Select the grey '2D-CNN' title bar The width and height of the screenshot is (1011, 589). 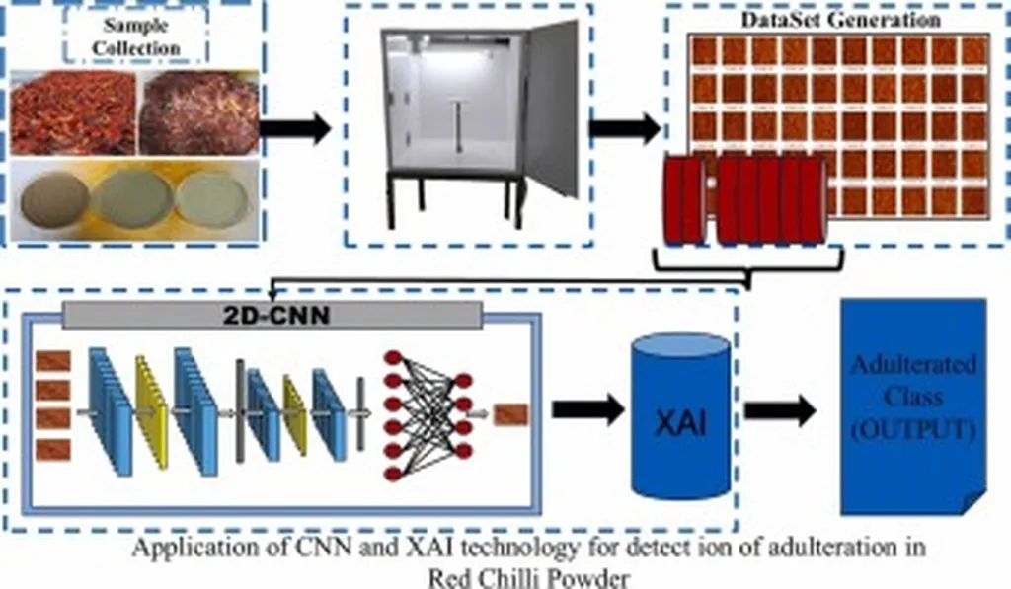[x=272, y=315]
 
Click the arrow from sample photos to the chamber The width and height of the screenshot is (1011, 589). [x=295, y=128]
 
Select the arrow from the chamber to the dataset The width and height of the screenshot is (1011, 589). [x=625, y=127]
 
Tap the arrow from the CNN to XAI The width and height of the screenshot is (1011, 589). [x=587, y=407]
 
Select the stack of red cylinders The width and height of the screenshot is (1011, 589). [x=744, y=199]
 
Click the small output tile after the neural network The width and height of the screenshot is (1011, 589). [x=511, y=414]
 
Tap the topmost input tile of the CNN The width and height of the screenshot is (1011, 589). [x=53, y=361]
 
